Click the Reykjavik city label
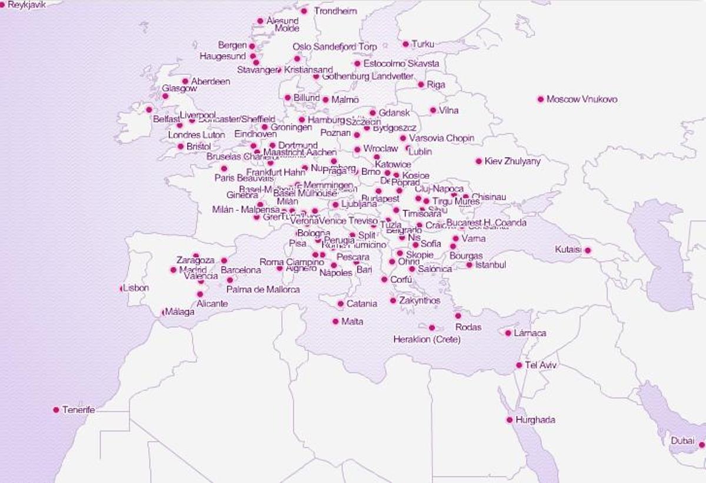point(27,5)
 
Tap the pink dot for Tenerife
point(56,410)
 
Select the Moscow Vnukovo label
point(582,100)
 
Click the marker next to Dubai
point(701,445)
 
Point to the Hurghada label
point(535,421)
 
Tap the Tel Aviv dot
point(519,365)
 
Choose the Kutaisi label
point(568,250)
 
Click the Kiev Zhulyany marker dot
point(479,161)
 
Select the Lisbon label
point(136,288)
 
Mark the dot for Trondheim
point(304,11)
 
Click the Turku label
point(422,44)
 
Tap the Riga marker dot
point(421,84)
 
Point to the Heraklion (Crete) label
point(427,340)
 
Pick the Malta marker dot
point(335,322)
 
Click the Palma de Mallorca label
point(264,290)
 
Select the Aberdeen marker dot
point(185,81)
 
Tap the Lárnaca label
point(529,333)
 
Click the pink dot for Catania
point(340,304)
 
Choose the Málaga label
point(179,312)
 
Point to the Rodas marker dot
point(458,316)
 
